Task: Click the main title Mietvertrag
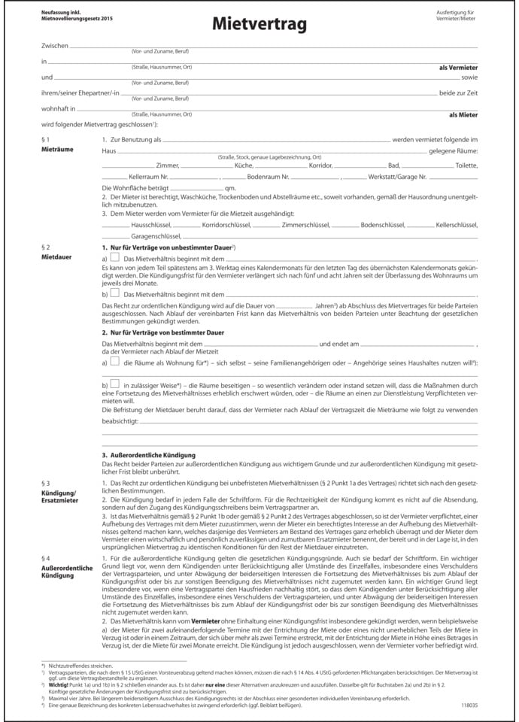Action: pyautogui.click(x=259, y=26)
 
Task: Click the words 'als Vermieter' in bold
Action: pyautogui.click(x=458, y=68)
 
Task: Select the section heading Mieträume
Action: pyautogui.click(x=57, y=150)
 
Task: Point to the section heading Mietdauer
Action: pyautogui.click(x=56, y=256)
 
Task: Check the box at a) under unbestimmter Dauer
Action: pyautogui.click(x=115, y=259)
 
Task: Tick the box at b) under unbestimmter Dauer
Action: pyautogui.click(x=115, y=293)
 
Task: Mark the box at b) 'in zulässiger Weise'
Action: pyautogui.click(x=114, y=384)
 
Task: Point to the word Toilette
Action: pyautogui.click(x=466, y=165)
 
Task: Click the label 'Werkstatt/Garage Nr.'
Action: pyautogui.click(x=397, y=176)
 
